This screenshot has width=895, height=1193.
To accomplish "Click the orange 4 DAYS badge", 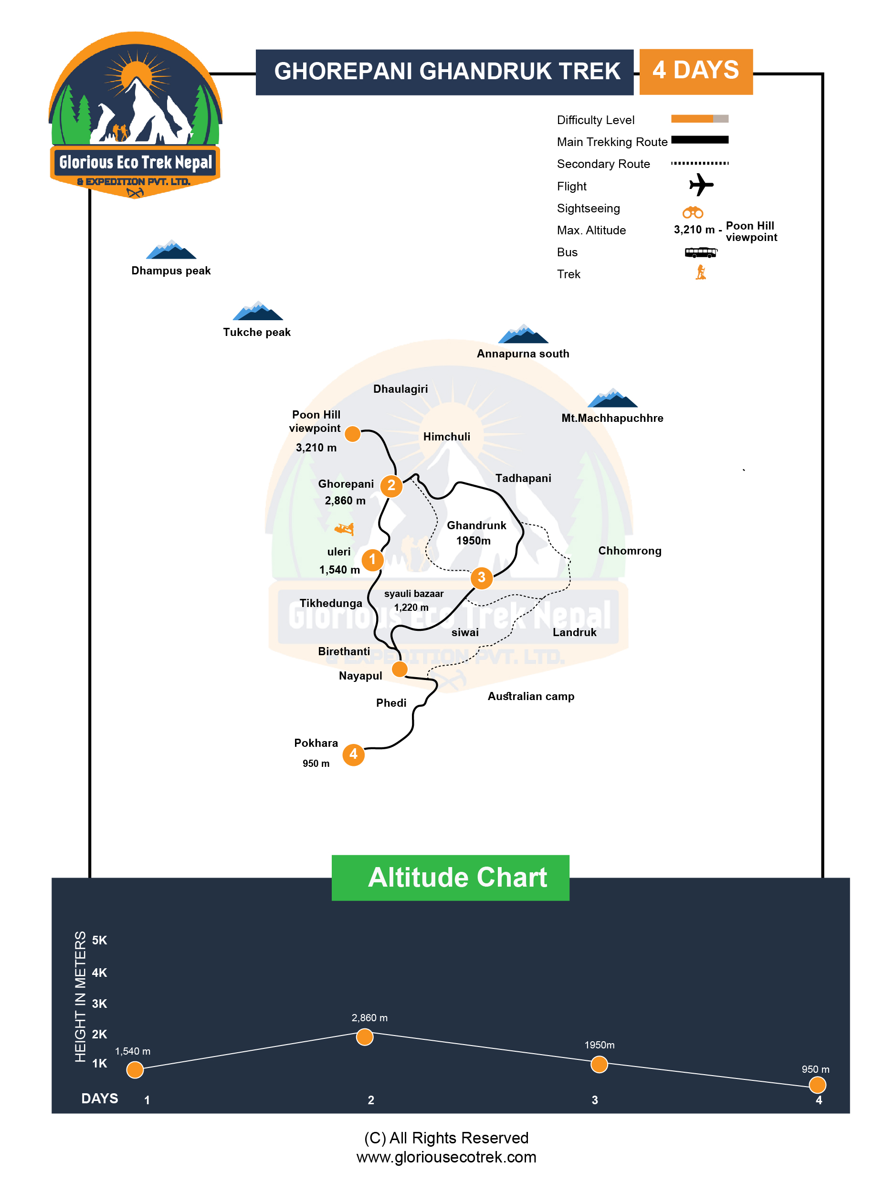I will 695,71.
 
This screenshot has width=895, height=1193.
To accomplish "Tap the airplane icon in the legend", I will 701,185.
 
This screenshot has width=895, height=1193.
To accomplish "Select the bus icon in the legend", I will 700,252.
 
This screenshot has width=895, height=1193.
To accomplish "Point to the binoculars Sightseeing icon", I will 692,212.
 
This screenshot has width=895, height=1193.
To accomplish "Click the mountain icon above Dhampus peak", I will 171,250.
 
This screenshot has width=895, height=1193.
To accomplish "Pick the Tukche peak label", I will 257,332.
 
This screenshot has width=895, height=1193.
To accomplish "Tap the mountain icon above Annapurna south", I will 522,335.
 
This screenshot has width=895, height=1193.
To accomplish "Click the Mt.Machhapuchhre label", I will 612,418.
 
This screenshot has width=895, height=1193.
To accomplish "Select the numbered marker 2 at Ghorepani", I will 391,485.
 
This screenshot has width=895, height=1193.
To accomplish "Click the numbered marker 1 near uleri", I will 372,559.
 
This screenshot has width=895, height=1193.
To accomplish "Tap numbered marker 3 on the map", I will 481,577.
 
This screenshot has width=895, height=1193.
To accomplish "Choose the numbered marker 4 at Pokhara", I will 353,754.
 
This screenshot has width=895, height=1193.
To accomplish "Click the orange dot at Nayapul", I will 399,669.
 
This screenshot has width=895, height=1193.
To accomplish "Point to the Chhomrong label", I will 629,551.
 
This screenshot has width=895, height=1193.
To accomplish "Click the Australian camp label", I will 530,696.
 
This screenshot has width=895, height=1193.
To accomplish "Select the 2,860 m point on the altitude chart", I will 365,1036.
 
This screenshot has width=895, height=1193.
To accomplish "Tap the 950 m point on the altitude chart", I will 817,1084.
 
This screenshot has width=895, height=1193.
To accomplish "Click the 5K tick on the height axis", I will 100,940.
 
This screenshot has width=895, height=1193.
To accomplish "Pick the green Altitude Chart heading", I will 450,878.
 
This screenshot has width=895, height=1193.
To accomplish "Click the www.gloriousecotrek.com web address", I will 446,1157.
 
